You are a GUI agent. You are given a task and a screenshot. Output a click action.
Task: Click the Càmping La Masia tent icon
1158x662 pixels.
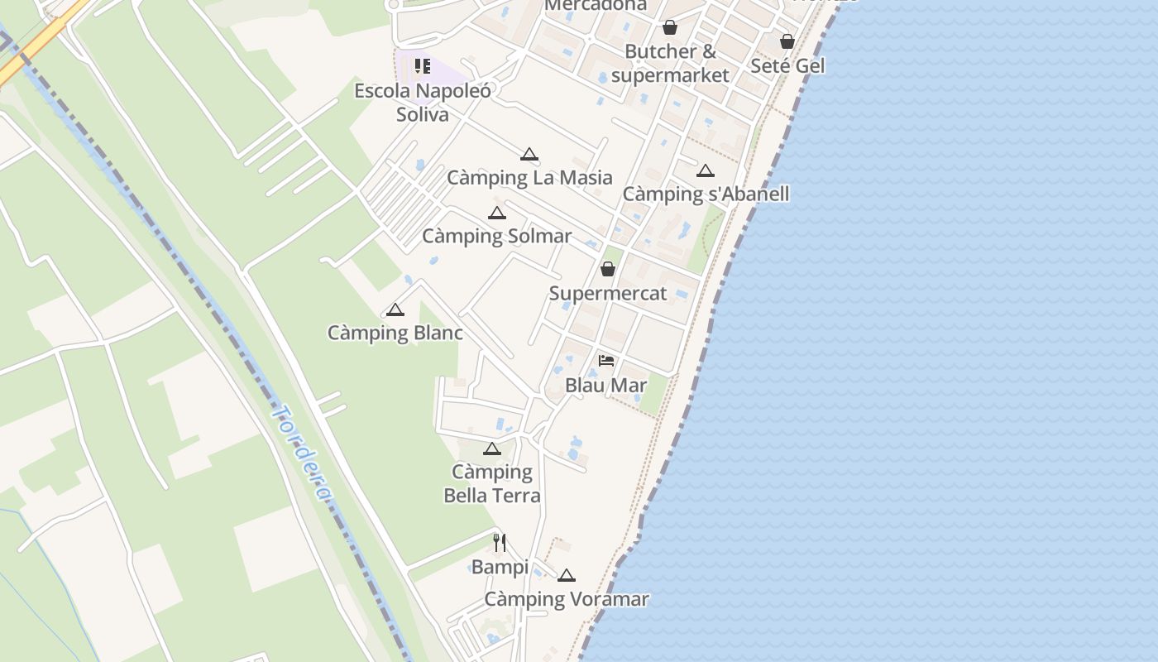tap(529, 155)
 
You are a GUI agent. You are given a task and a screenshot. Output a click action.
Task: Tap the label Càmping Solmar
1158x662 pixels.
tap(496, 236)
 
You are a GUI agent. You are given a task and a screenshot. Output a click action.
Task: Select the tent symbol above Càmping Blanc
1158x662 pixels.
tap(395, 310)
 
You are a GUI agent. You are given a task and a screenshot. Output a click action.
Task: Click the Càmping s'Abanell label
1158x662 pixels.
tap(706, 194)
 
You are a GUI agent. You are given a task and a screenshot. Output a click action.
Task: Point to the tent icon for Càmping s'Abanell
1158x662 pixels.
tap(705, 171)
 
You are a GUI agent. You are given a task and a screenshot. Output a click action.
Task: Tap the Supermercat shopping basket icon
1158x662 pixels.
tap(608, 269)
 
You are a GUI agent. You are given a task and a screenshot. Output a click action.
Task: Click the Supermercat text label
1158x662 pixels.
tap(608, 293)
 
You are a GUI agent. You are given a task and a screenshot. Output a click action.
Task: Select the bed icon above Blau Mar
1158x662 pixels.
tap(606, 361)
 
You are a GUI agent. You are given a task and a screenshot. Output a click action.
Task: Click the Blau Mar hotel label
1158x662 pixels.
tap(606, 385)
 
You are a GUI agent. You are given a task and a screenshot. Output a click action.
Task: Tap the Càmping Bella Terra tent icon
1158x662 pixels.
tap(492, 449)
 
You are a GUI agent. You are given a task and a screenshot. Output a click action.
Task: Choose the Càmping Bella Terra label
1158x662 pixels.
tap(492, 483)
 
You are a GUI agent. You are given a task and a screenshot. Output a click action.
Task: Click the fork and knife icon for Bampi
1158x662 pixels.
tap(500, 543)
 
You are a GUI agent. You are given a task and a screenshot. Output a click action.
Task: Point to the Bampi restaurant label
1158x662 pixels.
tap(500, 567)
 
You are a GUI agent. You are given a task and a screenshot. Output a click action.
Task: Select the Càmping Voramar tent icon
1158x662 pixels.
tap(566, 575)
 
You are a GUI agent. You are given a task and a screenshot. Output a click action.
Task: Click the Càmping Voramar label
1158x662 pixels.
tap(566, 599)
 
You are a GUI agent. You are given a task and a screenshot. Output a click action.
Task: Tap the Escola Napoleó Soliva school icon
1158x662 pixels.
tap(423, 66)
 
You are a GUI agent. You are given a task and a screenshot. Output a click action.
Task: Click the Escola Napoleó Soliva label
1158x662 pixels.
tap(423, 102)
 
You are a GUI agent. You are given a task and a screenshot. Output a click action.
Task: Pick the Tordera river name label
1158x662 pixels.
tap(302, 453)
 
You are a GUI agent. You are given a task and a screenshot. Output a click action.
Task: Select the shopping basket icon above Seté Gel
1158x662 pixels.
tap(787, 41)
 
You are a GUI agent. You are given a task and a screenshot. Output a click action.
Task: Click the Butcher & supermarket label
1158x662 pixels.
tap(670, 63)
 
